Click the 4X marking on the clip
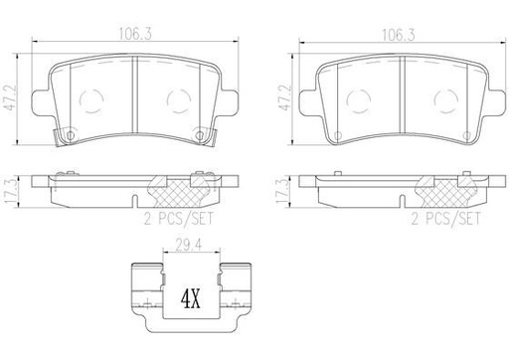click(188, 297)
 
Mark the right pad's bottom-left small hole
click(338, 135)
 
